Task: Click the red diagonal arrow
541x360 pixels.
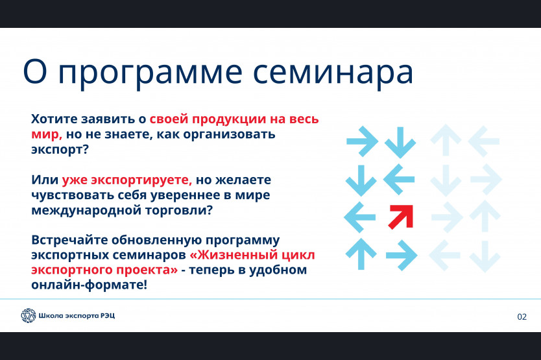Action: point(401,217)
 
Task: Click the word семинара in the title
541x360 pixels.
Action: point(333,72)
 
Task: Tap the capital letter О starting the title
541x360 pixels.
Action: point(35,71)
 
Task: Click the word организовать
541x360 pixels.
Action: point(229,135)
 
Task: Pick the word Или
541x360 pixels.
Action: point(45,180)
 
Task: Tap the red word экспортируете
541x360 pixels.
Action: point(126,180)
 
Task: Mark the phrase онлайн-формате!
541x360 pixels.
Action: point(89,285)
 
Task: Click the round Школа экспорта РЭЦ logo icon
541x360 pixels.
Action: point(29,315)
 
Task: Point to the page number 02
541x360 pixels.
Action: point(522,317)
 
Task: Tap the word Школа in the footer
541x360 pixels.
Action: point(51,315)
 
